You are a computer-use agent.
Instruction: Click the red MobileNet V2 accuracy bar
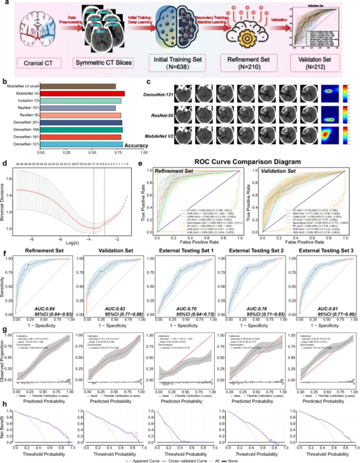[82, 94]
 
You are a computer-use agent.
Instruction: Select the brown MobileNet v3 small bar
[78, 86]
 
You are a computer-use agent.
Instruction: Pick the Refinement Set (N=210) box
[243, 63]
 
